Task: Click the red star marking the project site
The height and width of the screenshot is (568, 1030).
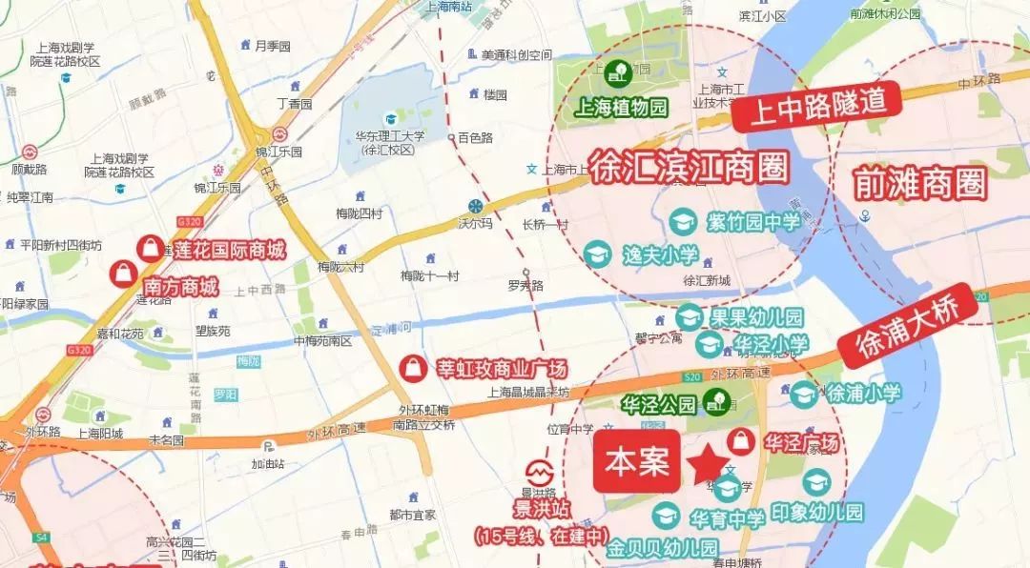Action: (x=708, y=464)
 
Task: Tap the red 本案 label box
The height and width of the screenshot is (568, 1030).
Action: (x=637, y=462)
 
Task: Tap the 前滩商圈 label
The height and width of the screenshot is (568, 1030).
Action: (x=920, y=182)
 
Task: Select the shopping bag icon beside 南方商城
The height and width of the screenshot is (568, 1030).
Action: (x=124, y=274)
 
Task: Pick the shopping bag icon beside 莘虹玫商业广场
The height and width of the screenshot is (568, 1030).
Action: (x=412, y=367)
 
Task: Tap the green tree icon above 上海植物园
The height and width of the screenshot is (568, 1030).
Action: (x=617, y=70)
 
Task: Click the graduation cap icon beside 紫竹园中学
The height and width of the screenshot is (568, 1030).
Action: (x=683, y=222)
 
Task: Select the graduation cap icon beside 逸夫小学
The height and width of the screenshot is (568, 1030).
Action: (x=598, y=254)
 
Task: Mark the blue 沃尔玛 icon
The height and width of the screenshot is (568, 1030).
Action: (x=474, y=207)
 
